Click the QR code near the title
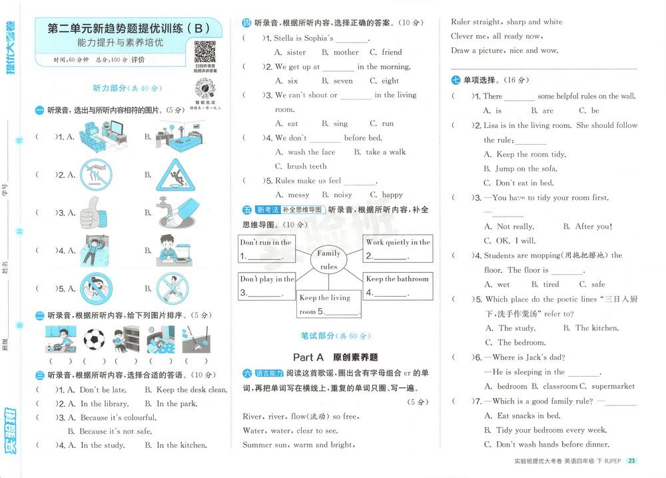204,52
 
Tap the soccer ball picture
94,339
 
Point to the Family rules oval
328,260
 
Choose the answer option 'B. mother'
340,52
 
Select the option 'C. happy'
386,195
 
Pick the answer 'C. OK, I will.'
510,241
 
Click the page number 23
632,461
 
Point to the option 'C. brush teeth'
301,167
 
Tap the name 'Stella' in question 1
286,38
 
